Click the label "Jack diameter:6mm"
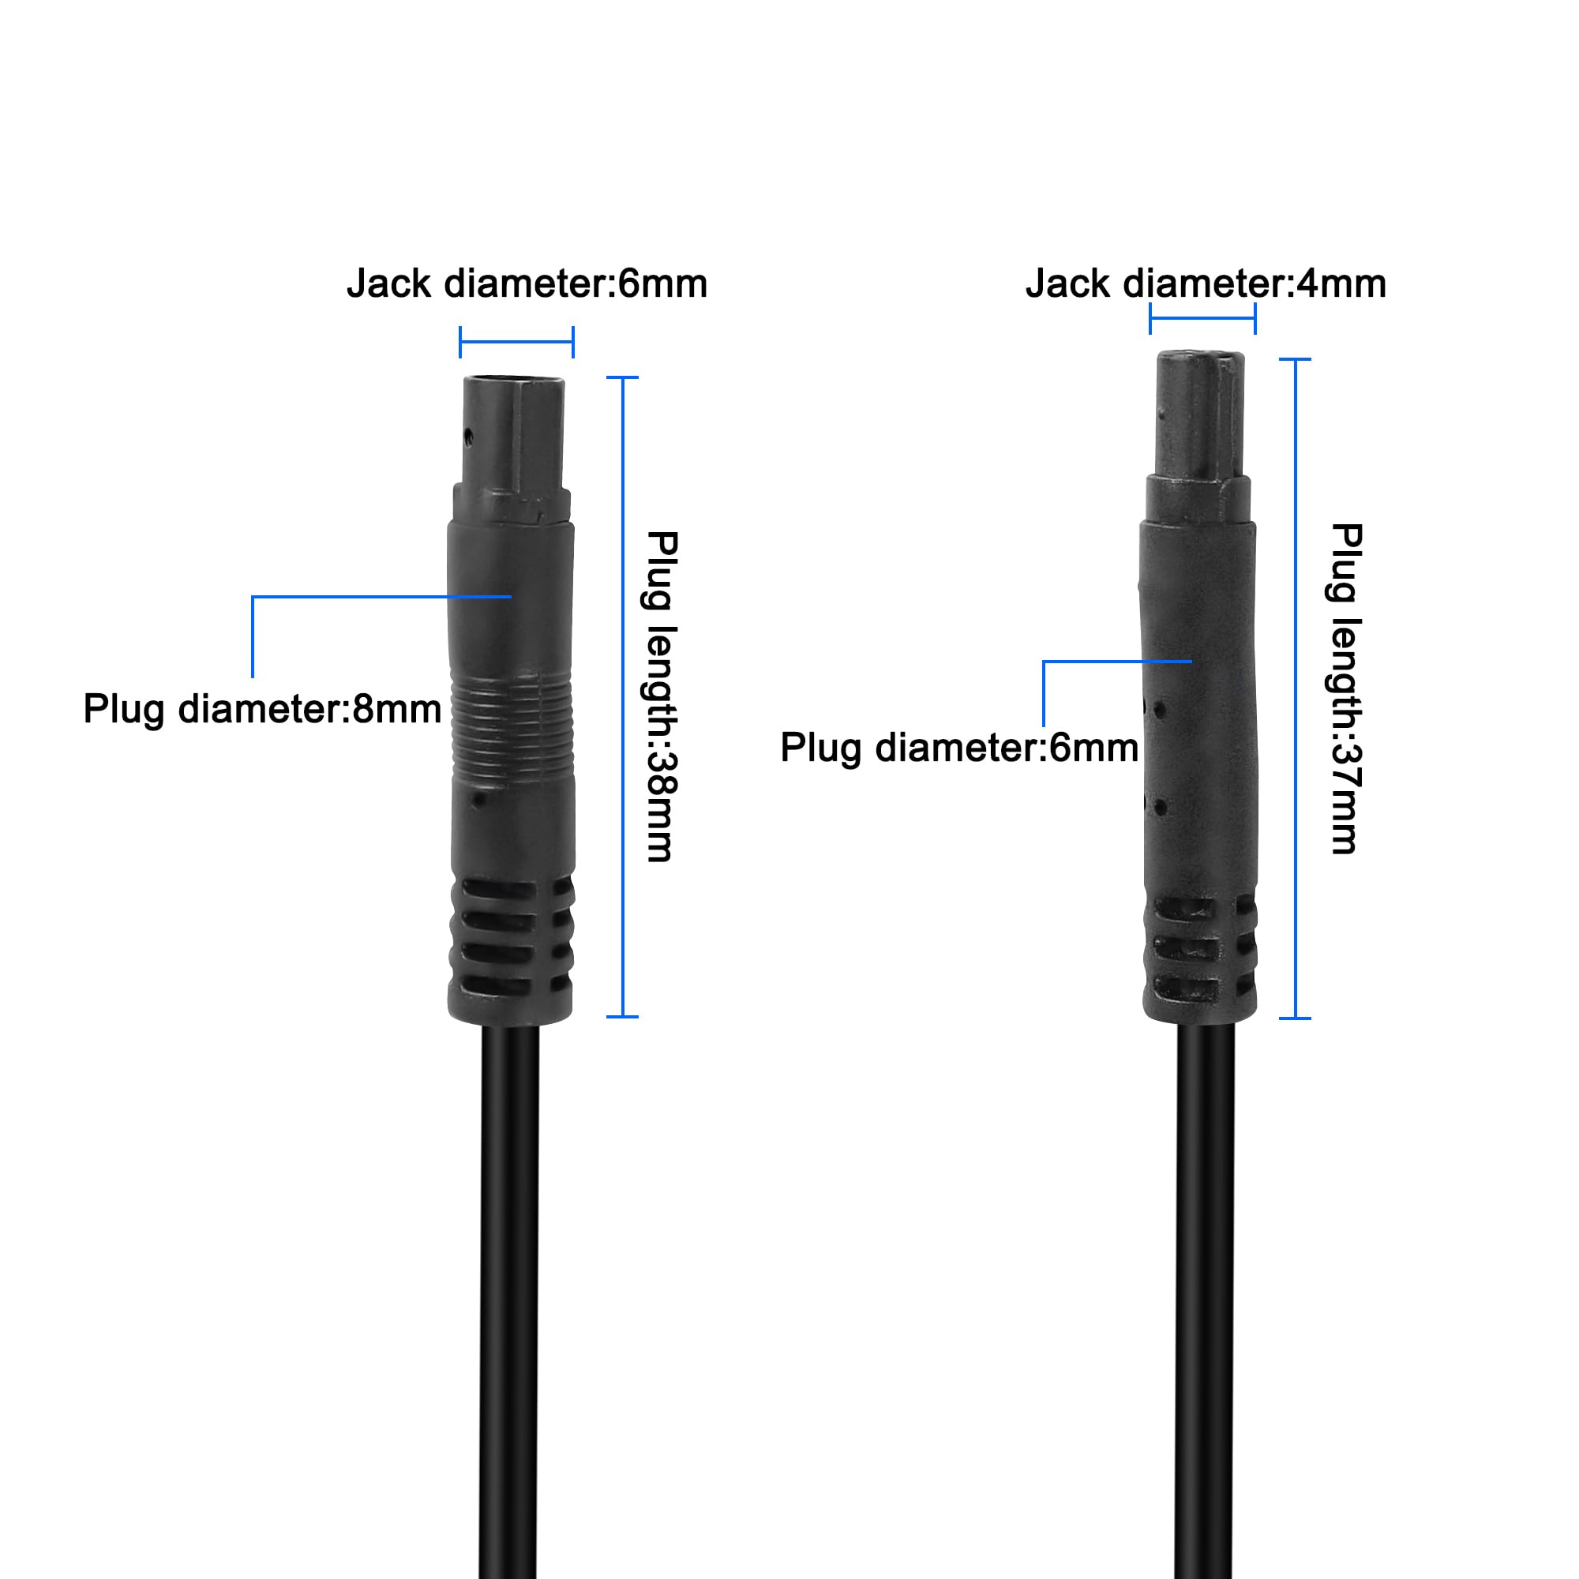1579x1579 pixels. [x=527, y=283]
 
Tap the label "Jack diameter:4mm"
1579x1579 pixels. [x=1206, y=283]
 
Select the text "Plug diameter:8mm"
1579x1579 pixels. [x=262, y=709]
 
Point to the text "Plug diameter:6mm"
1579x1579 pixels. [x=958, y=747]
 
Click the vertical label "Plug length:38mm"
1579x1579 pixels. [x=661, y=696]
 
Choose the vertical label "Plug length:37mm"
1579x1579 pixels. [x=1345, y=689]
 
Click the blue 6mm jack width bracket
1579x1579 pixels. [x=516, y=342]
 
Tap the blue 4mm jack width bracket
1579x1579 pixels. [x=1202, y=318]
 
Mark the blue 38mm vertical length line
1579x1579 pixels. [x=623, y=697]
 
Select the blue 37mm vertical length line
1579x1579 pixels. [x=1295, y=689]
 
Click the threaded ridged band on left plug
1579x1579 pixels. [x=512, y=723]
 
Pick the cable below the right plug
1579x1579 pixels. [x=1206, y=1300]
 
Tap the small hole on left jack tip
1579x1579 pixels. [x=468, y=436]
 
